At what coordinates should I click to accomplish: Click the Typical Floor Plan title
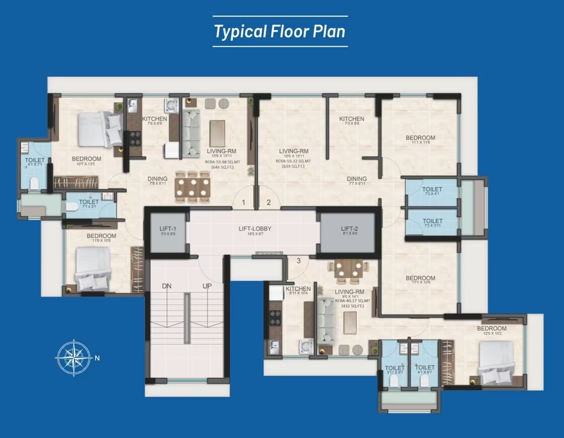(280, 31)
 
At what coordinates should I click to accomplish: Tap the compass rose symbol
(74, 358)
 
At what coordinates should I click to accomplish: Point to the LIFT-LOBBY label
(255, 229)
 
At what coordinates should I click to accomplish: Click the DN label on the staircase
(167, 285)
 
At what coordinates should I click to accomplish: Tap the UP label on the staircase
(207, 285)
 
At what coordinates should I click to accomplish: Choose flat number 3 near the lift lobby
(298, 260)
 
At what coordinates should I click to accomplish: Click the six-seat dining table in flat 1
(192, 187)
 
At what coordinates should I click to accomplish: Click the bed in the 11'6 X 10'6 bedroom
(93, 269)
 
